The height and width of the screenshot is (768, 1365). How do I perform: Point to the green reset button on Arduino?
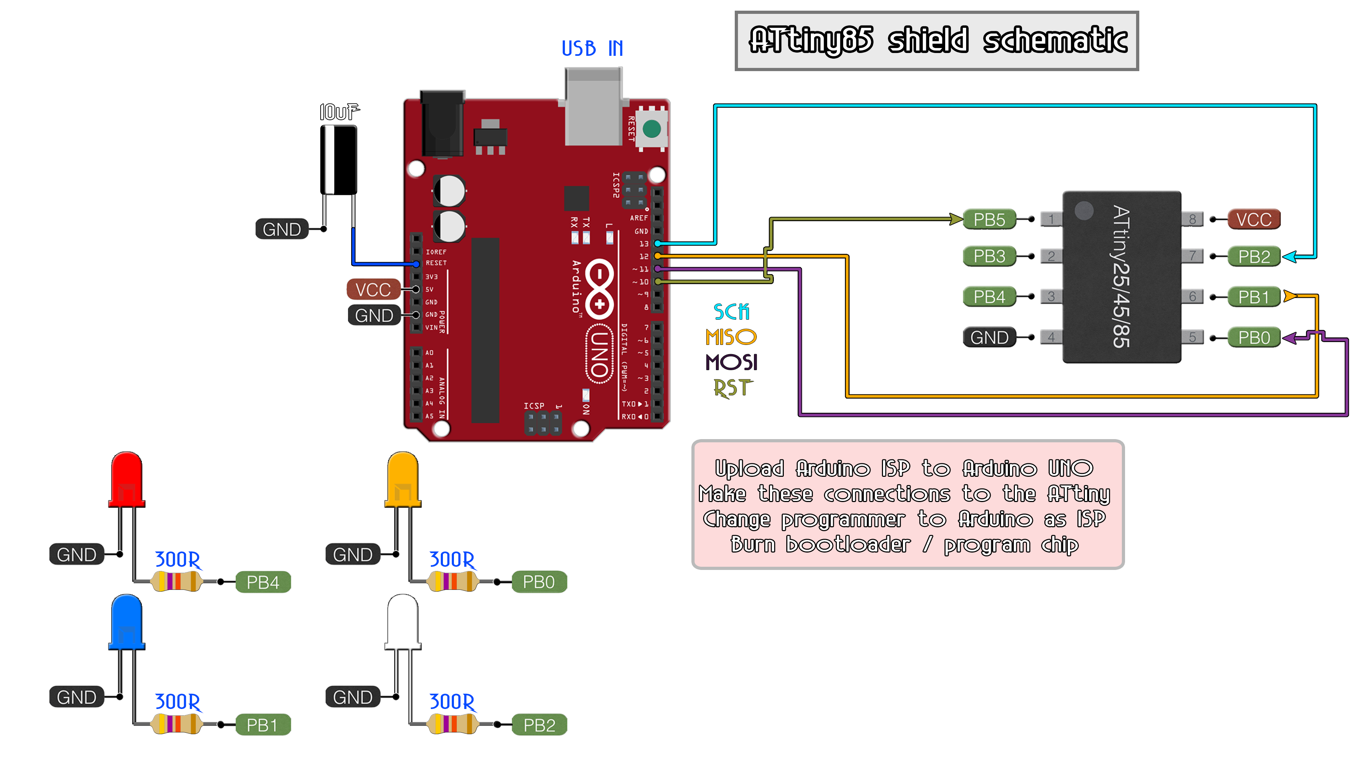(651, 128)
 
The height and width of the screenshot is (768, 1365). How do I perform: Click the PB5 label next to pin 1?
(989, 219)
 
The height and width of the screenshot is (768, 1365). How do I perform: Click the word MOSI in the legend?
(731, 363)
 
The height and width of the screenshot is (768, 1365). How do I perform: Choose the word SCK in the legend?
(731, 312)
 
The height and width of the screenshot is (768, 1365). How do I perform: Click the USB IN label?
(592, 48)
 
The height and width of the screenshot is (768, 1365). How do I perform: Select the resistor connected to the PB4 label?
(176, 581)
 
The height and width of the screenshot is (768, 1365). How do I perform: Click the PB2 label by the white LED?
(539, 725)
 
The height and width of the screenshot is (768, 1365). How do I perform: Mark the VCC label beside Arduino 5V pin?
(373, 289)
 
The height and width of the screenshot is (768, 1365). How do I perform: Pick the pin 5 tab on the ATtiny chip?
(1192, 337)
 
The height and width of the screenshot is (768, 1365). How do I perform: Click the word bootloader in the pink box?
(848, 544)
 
